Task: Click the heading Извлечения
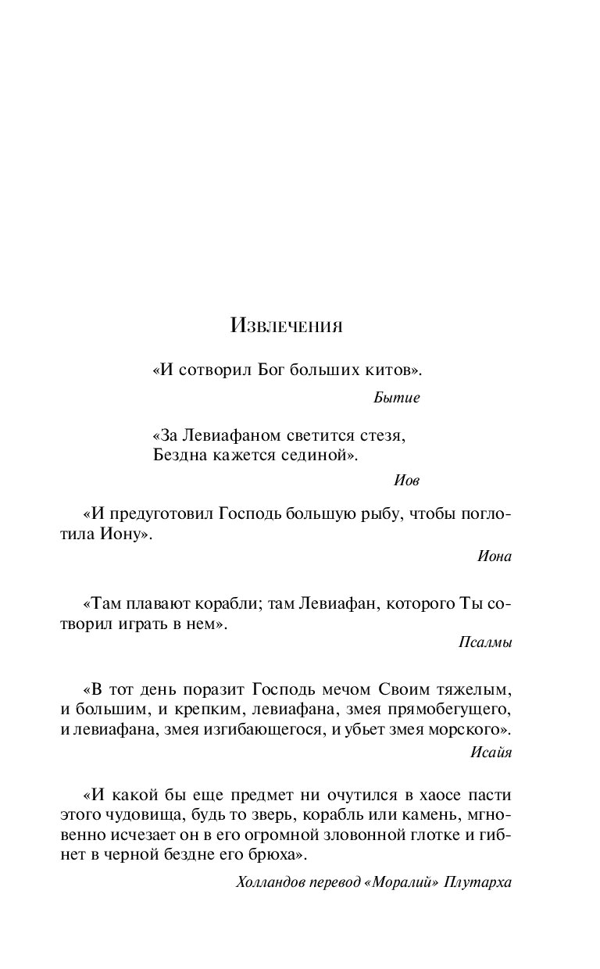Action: pyautogui.click(x=287, y=326)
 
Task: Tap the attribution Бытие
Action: pyautogui.click(x=397, y=398)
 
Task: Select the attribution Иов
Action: pyautogui.click(x=406, y=481)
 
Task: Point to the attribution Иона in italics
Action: pyautogui.click(x=494, y=556)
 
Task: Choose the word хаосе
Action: pyautogui.click(x=439, y=796)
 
